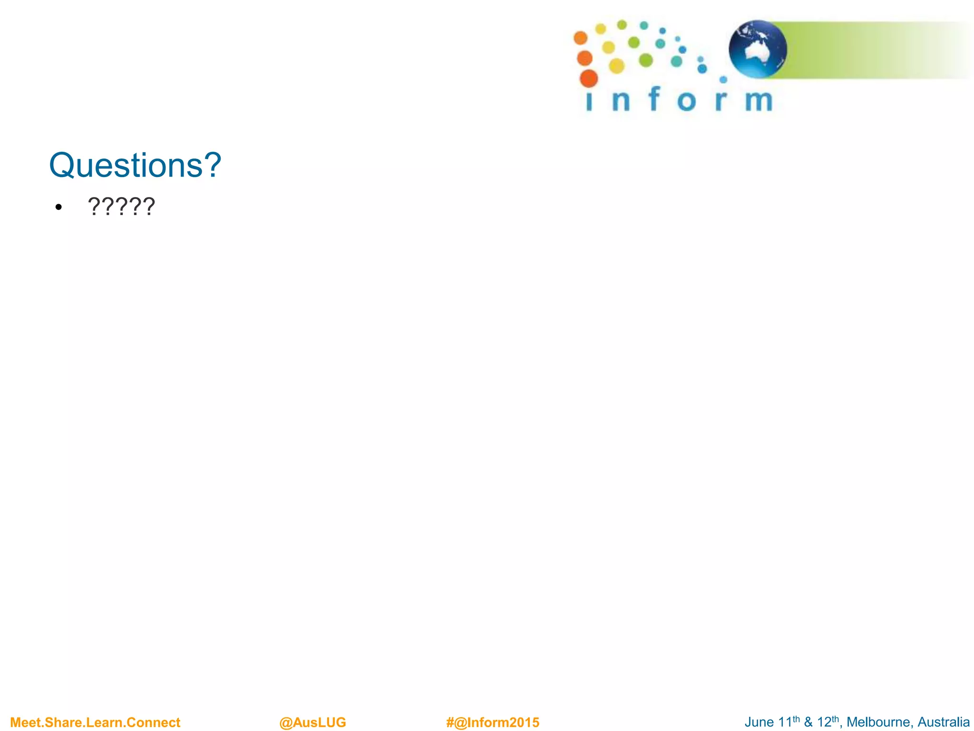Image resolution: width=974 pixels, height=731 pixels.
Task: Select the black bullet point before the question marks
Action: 58,207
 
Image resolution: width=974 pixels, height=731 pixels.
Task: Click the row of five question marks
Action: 121,206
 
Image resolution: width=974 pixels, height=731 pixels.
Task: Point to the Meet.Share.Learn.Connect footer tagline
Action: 95,722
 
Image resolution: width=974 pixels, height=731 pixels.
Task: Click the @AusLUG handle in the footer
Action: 312,722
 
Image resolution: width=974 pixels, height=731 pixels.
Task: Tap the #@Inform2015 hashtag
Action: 492,722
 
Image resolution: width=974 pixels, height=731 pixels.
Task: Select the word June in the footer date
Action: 759,722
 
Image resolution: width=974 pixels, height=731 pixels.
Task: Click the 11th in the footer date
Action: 789,721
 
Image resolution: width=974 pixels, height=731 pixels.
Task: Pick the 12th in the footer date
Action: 828,721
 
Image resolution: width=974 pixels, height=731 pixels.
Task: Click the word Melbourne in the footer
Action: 878,722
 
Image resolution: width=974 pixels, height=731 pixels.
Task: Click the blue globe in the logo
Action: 758,49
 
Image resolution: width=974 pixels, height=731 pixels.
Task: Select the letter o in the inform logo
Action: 686,101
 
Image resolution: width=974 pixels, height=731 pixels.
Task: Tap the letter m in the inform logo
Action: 759,101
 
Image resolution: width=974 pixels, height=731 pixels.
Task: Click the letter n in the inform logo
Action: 621,101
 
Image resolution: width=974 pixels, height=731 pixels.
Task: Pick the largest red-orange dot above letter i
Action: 589,79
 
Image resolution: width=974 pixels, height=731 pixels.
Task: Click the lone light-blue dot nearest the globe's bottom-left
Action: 723,79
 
